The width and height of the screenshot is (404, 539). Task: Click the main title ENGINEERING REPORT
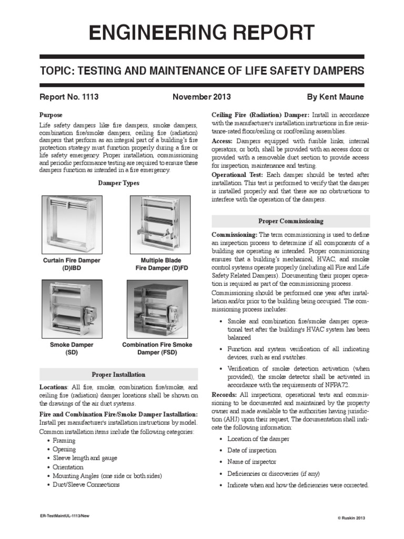tap(202, 33)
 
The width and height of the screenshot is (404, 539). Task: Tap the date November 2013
tap(201, 97)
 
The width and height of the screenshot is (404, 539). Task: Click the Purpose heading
tap(51, 115)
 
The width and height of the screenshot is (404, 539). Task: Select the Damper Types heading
tap(119, 183)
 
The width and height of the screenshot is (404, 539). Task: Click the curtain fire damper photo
tap(70, 223)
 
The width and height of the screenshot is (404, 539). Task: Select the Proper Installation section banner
tap(119, 374)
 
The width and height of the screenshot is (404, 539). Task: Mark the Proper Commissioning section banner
tap(290, 221)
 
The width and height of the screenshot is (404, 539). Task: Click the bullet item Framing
tap(64, 441)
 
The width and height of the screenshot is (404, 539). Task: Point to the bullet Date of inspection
tap(251, 450)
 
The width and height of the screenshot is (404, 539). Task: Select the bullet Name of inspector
tap(251, 462)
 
